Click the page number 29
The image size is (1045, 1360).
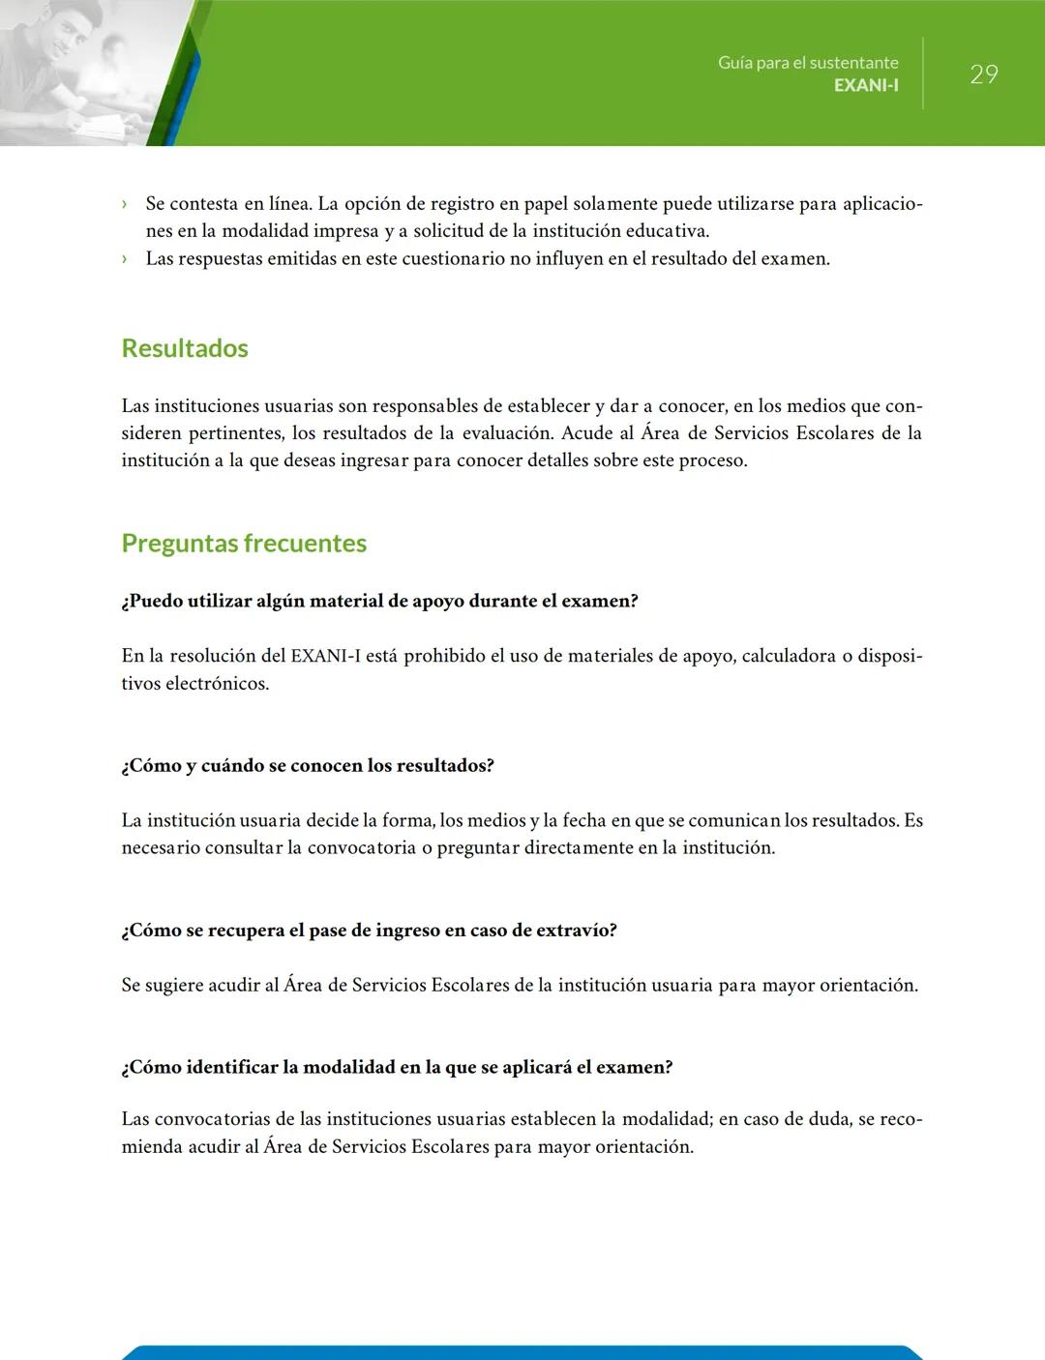click(x=983, y=74)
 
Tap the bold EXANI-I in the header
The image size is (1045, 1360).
click(x=866, y=85)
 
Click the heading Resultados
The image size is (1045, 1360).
click(x=185, y=348)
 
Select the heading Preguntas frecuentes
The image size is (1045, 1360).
click(x=244, y=543)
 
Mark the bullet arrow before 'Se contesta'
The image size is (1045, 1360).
click(x=125, y=204)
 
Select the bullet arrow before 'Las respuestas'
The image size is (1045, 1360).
click(x=125, y=259)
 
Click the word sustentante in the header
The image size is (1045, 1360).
click(x=853, y=63)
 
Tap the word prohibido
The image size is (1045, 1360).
click(x=444, y=656)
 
